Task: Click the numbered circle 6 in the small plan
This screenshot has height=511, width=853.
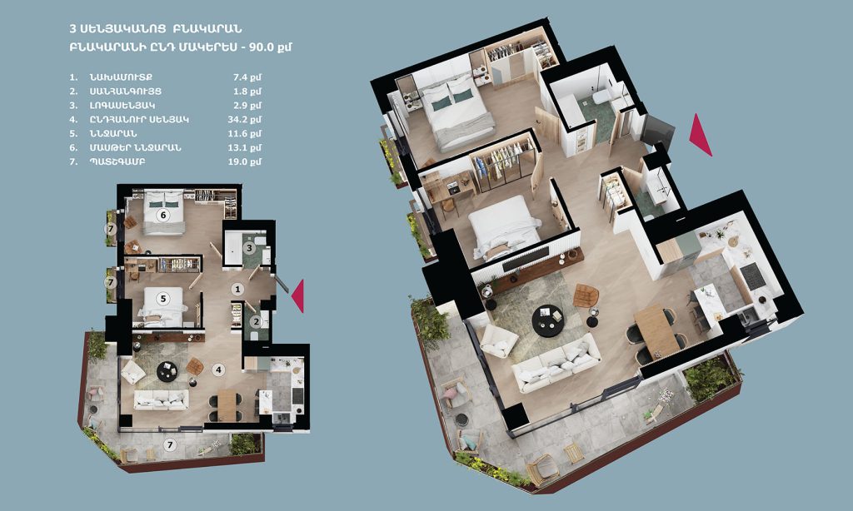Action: coord(162,216)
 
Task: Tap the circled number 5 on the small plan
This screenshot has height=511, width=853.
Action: coord(162,299)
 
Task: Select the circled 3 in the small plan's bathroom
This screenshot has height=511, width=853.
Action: coord(250,249)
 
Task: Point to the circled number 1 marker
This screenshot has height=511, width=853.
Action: coord(237,289)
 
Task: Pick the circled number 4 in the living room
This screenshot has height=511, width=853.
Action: coord(219,370)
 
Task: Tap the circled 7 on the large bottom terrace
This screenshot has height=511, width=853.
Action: coord(170,445)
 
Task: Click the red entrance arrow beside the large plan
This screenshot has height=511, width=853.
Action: coord(701,135)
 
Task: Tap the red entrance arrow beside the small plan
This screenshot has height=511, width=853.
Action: coord(297,296)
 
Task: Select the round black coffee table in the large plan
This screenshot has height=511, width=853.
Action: coord(547,320)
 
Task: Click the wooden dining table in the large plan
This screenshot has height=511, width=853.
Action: coord(656,331)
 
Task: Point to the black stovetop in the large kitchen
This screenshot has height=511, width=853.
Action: coord(753,276)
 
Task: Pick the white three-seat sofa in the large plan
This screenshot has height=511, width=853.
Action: coord(556,363)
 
